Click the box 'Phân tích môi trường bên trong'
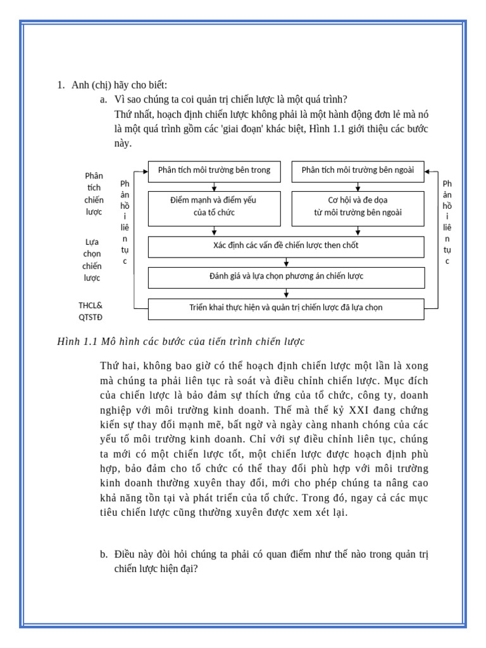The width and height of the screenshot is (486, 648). [x=214, y=171]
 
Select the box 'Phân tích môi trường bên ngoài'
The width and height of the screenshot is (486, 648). [x=358, y=171]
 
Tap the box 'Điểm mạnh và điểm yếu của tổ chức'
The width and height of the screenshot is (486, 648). [x=214, y=208]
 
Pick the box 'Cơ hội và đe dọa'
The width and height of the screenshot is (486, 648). [x=358, y=208]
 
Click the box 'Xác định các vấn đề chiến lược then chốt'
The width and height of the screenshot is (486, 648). [x=286, y=246]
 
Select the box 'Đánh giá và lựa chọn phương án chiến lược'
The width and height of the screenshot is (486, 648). [x=286, y=277]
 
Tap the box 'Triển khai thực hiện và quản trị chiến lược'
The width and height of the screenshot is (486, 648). [x=286, y=309]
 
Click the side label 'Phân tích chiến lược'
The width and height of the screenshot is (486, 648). [x=94, y=194]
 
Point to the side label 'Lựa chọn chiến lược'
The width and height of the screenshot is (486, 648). [x=92, y=259]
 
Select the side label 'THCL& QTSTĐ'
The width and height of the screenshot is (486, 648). [x=90, y=311]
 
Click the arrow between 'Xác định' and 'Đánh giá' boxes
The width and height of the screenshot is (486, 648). [x=286, y=262]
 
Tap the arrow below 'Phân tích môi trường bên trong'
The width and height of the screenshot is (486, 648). [x=214, y=187]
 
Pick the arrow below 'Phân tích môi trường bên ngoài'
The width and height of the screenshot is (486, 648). [x=358, y=187]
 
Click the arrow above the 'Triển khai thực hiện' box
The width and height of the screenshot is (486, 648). [x=286, y=293]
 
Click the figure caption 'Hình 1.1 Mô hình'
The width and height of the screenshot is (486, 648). [x=181, y=342]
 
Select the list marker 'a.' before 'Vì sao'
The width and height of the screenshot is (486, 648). [x=103, y=99]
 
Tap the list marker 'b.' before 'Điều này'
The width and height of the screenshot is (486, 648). [x=103, y=554]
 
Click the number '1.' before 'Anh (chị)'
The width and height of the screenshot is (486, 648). [x=61, y=85]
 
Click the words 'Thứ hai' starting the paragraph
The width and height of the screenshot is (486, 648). [x=118, y=366]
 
